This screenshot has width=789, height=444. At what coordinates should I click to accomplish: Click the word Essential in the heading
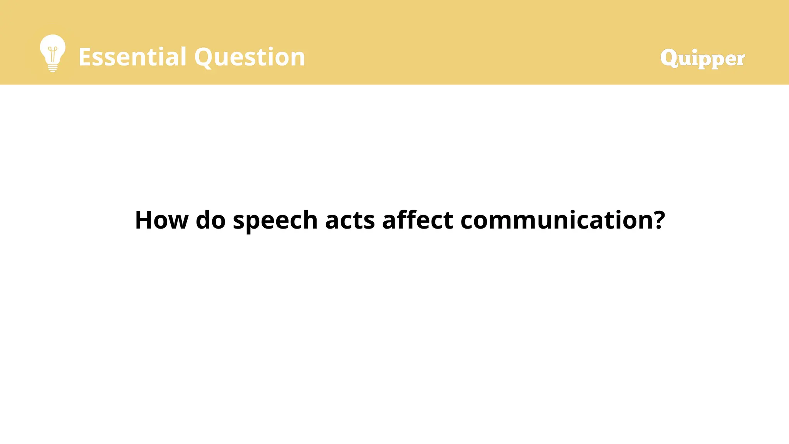(x=133, y=57)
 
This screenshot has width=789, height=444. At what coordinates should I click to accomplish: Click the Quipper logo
(x=702, y=59)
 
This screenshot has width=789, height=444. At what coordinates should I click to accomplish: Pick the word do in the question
(x=210, y=220)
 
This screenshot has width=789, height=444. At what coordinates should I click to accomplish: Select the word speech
(x=275, y=221)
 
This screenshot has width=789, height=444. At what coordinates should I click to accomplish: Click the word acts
(x=350, y=220)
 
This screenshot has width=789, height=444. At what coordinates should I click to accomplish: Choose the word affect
(x=418, y=220)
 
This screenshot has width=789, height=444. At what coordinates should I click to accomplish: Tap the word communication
(x=556, y=220)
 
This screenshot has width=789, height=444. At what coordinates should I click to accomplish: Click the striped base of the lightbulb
(x=53, y=68)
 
